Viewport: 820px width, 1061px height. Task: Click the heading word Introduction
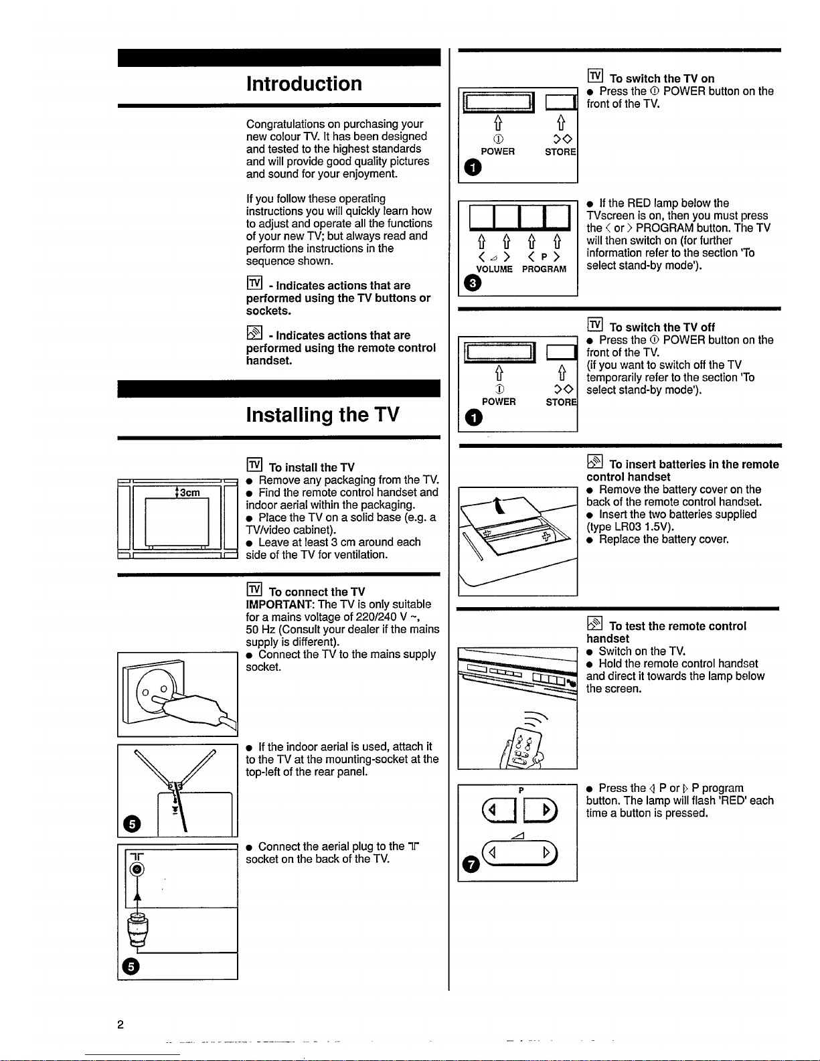click(x=304, y=84)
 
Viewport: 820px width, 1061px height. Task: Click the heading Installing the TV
click(x=323, y=414)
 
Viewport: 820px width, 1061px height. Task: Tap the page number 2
click(x=120, y=1024)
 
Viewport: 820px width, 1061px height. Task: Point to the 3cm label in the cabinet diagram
click(x=190, y=493)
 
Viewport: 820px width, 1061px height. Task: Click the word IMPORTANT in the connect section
click(x=278, y=604)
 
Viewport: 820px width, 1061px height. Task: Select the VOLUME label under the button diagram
click(x=495, y=269)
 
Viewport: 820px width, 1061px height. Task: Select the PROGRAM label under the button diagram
click(x=544, y=269)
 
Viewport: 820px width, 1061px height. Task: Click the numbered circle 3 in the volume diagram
click(x=473, y=283)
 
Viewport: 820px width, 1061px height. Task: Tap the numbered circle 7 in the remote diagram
click(x=471, y=865)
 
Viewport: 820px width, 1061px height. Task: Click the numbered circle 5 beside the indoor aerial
click(x=132, y=824)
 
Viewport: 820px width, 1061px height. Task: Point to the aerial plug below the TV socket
click(x=138, y=931)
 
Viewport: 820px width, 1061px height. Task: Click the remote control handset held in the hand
click(x=523, y=748)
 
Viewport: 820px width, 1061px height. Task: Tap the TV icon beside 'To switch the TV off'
click(x=595, y=325)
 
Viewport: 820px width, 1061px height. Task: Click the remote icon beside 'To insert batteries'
click(x=595, y=462)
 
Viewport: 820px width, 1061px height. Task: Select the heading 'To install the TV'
click(x=312, y=467)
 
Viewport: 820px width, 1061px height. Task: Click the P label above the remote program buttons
click(x=521, y=790)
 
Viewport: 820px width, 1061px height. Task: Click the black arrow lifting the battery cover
click(x=499, y=506)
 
